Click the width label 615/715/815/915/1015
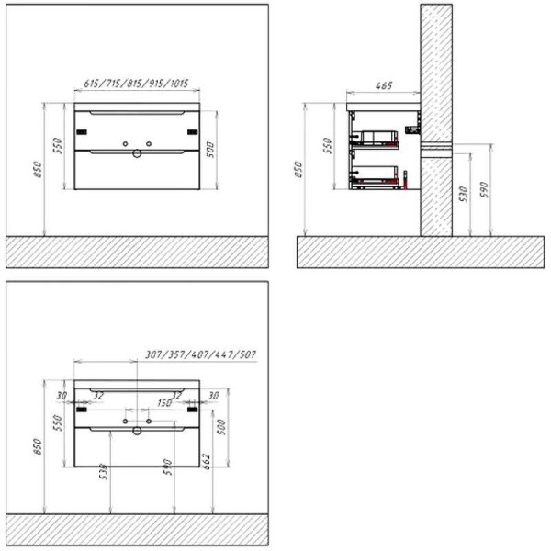136,84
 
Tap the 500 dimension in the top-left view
210,150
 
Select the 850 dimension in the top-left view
38,171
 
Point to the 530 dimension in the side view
464,193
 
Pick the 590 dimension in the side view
487,190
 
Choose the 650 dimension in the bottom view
38,447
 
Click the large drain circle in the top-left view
137,154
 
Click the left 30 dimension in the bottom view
61,396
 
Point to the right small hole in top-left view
147,145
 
